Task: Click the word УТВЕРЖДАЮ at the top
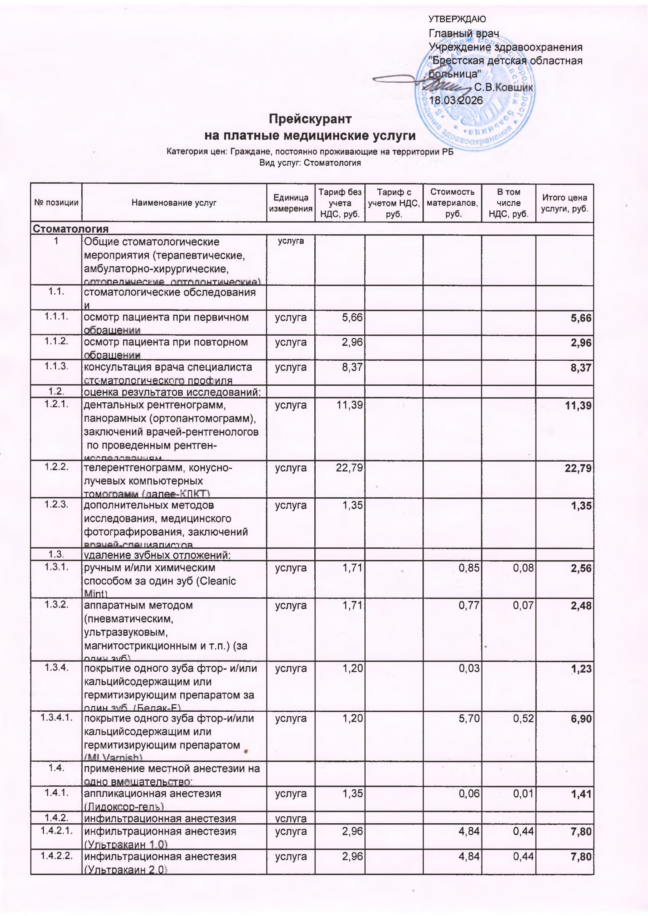point(457,19)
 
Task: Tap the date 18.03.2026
point(455,101)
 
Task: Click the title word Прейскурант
point(310,119)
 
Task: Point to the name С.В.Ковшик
point(503,87)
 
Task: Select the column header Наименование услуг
point(174,203)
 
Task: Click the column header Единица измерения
point(291,203)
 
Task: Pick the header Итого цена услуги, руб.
point(564,203)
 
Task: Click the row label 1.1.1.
point(56,317)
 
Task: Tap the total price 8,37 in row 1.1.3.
point(581,368)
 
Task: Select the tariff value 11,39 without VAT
point(349,405)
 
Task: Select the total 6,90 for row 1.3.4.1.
point(581,718)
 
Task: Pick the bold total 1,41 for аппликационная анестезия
point(581,794)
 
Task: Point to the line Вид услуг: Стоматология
point(310,163)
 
